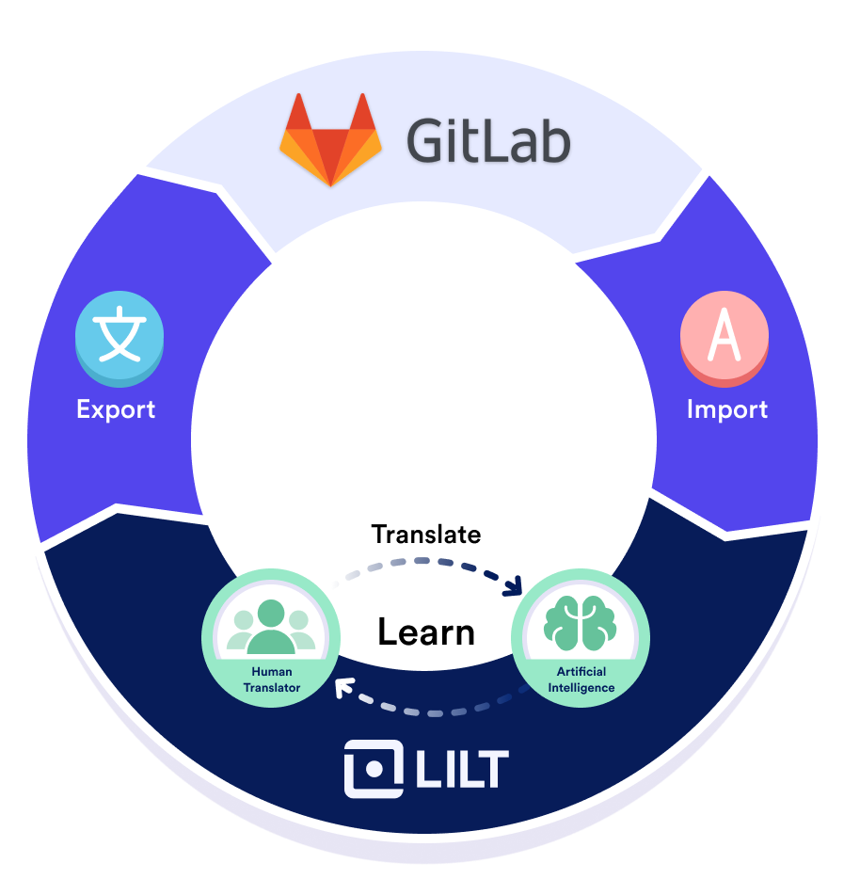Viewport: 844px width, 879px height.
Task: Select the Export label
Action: [x=116, y=409]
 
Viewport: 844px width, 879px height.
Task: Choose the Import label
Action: [x=726, y=409]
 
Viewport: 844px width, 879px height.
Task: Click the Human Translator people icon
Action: [x=271, y=626]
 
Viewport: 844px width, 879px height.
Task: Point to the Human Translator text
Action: [x=271, y=679]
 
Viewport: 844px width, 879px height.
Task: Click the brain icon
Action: [x=580, y=624]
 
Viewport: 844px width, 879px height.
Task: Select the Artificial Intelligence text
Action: [x=581, y=679]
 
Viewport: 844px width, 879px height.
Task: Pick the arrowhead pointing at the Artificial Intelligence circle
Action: [x=514, y=588]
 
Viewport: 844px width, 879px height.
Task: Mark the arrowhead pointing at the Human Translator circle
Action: [x=342, y=686]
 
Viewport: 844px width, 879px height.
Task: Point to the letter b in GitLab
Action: [x=553, y=141]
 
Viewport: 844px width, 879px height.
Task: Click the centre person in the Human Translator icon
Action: [x=271, y=624]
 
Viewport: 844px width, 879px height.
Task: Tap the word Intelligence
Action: [x=581, y=687]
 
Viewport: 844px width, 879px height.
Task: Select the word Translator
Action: [x=271, y=687]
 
